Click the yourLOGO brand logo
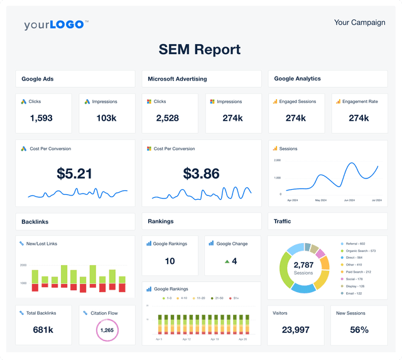(56, 25)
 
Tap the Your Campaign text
(359, 22)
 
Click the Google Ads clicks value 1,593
(41, 118)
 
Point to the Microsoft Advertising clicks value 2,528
(168, 118)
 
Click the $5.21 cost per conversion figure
(75, 173)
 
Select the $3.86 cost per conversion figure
(201, 173)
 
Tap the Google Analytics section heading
(298, 79)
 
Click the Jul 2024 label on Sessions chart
(374, 200)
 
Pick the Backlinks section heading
(35, 221)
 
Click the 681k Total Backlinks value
(43, 330)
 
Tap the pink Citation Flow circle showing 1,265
(107, 330)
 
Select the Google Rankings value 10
(170, 261)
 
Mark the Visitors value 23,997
(296, 330)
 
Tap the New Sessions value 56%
(359, 330)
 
